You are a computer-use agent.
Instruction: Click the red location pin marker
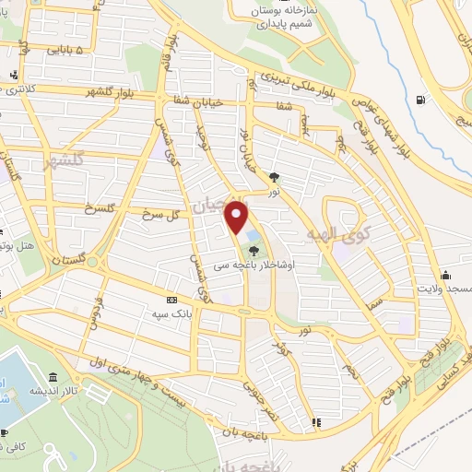237,218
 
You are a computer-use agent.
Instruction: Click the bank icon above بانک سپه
171,301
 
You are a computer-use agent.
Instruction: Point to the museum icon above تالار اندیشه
54,378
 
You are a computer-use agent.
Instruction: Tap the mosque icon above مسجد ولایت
446,274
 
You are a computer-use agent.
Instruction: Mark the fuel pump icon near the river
421,100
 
